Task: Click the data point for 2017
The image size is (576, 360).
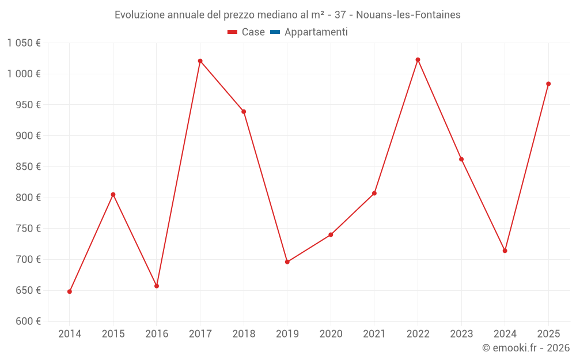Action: [200, 61]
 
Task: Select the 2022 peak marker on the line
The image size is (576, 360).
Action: [418, 60]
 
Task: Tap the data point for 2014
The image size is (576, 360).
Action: [70, 291]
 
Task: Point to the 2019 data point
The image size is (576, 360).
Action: [287, 262]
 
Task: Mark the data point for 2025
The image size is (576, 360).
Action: [548, 84]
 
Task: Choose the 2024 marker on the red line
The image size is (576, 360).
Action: [505, 251]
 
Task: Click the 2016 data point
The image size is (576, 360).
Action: [157, 286]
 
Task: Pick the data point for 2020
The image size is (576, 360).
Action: [331, 235]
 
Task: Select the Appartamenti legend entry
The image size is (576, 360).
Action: [316, 32]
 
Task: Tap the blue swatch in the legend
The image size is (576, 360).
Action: [275, 32]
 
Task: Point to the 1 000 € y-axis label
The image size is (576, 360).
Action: [24, 74]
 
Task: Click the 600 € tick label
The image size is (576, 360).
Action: [27, 321]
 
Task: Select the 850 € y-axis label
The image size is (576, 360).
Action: [27, 166]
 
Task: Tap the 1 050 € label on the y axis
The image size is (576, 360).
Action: [24, 43]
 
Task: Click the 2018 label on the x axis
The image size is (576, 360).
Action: [244, 334]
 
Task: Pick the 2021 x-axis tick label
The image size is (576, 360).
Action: [374, 334]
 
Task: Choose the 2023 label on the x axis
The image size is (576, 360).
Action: [461, 334]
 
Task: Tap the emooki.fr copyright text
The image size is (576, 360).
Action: [525, 348]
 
